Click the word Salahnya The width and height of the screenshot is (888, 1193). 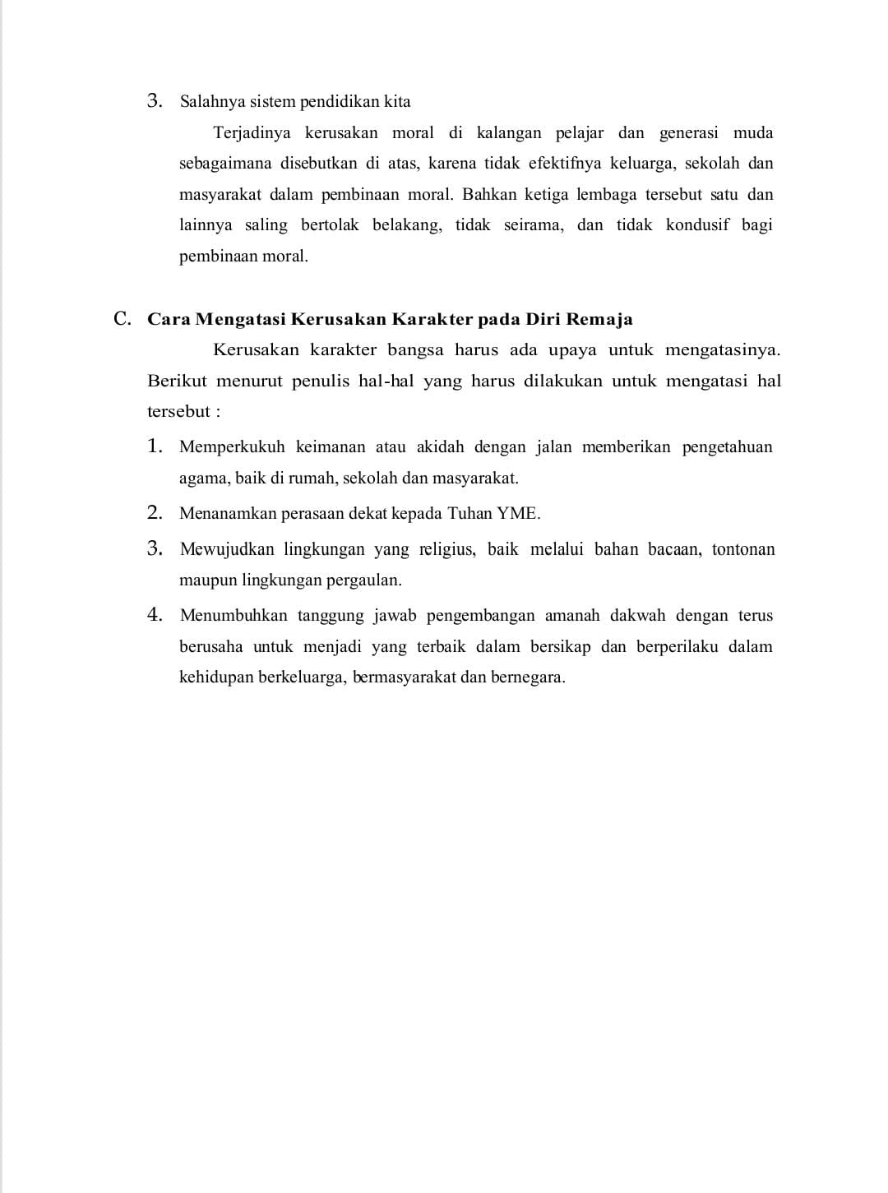point(209,102)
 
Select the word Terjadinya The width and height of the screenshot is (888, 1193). point(252,133)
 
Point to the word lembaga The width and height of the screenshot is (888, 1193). point(606,195)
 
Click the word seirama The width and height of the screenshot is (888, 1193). point(533,225)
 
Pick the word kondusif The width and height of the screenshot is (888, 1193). point(697,225)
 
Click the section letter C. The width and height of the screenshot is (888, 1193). point(123,319)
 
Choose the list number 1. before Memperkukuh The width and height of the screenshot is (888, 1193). point(155,446)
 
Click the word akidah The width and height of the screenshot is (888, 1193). point(440,447)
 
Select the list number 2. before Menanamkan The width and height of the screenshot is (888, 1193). point(155,513)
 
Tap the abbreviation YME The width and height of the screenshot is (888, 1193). point(518,514)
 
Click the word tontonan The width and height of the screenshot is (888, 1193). point(743,549)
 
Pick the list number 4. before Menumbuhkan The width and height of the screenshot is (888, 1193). point(155,615)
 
